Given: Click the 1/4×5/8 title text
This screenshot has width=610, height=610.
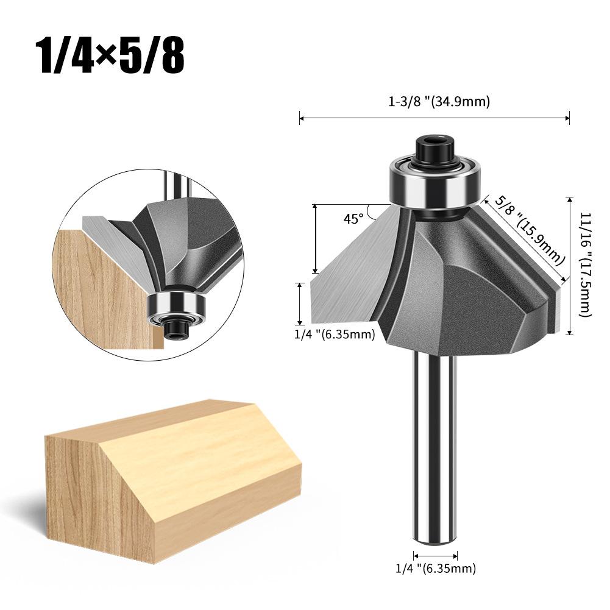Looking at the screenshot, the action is pyautogui.click(x=110, y=55).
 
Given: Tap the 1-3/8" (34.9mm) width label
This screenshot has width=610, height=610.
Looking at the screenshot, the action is pyautogui.click(x=439, y=102).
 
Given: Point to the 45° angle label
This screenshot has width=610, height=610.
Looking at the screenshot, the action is pyautogui.click(x=353, y=219).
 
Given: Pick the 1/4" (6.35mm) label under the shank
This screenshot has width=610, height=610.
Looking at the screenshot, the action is pyautogui.click(x=436, y=569).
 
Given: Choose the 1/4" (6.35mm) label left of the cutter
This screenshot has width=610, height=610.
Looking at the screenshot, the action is pyautogui.click(x=335, y=334).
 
